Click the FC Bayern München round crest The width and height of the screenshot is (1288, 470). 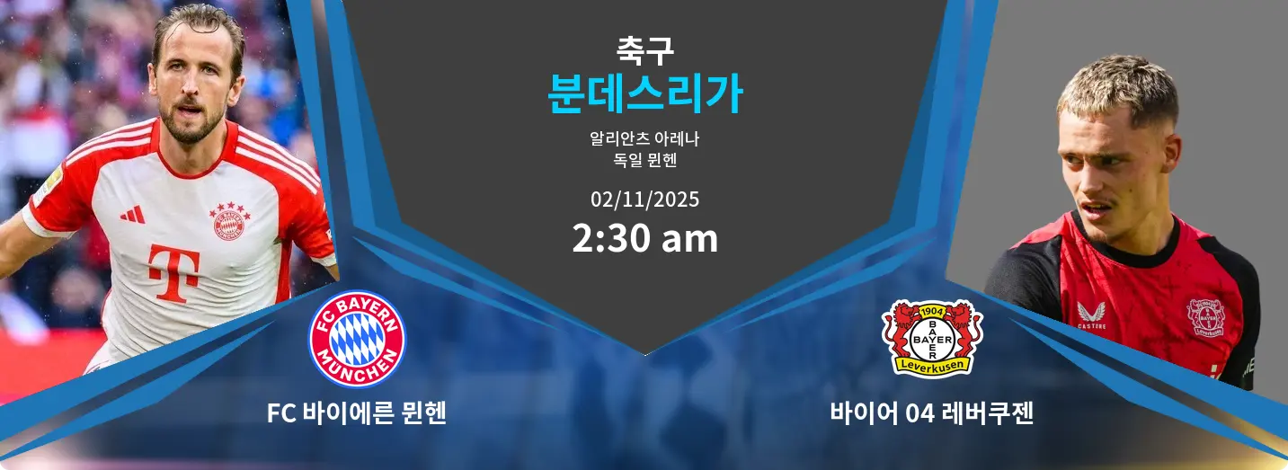(357, 339)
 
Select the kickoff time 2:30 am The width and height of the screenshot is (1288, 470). (644, 239)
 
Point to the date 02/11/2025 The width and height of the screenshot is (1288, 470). (644, 199)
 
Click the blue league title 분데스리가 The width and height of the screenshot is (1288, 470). (644, 93)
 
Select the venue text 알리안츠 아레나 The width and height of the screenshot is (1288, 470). (644, 139)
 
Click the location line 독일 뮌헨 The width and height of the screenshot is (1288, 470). (644, 162)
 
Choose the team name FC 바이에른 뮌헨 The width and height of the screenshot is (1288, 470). (357, 413)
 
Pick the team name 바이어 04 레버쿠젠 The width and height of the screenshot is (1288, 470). (932, 413)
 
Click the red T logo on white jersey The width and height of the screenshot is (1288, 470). (173, 271)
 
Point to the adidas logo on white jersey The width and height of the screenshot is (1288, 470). (132, 215)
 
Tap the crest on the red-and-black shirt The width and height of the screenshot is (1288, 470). (1205, 317)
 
